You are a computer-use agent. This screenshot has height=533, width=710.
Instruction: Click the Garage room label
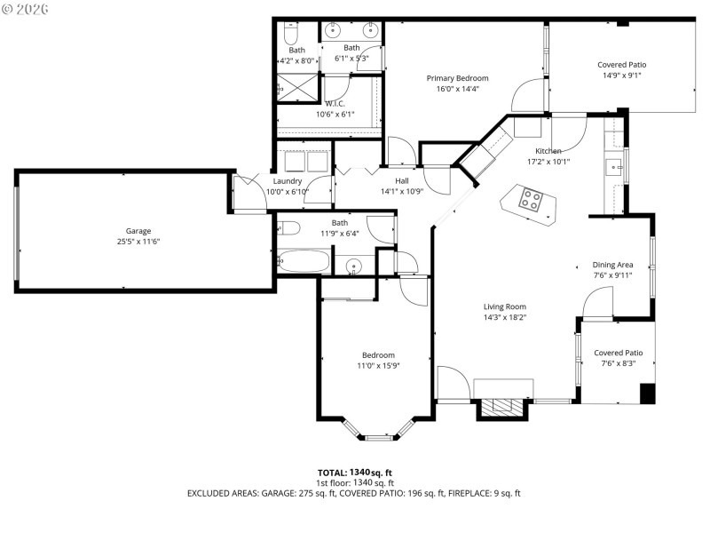[138, 230]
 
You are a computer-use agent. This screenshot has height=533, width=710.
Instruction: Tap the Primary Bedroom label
[457, 78]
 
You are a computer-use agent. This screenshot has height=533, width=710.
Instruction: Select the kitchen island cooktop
[530, 200]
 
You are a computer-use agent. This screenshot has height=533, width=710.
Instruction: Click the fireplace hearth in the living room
[503, 408]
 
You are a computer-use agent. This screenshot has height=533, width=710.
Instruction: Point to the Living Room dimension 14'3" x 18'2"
[505, 317]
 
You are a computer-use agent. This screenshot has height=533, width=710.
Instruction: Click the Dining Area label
[612, 265]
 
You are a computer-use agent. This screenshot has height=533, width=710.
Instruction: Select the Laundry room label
[288, 180]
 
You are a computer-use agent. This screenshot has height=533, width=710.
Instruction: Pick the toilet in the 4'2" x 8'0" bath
[290, 34]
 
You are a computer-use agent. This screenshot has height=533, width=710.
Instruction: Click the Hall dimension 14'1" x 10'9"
[402, 191]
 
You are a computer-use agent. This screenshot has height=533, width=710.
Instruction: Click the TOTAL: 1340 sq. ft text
[355, 473]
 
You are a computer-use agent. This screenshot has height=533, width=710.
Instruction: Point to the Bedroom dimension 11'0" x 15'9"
[377, 365]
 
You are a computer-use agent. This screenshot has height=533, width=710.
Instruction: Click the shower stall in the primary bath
[296, 88]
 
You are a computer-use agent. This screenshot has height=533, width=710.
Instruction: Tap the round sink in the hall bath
[354, 265]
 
